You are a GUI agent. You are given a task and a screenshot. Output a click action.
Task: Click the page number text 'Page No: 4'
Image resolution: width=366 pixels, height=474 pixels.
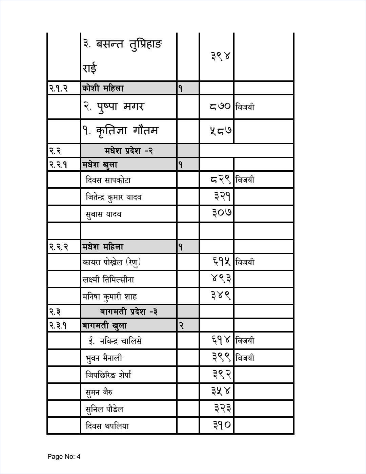pos(64,456)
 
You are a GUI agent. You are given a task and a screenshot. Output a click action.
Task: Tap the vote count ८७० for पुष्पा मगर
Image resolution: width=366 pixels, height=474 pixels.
pos(220,107)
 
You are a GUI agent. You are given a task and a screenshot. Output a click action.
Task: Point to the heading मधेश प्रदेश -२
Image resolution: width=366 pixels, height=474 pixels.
pos(128,151)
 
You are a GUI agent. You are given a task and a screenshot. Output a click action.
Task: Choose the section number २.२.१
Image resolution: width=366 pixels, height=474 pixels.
pos(58,165)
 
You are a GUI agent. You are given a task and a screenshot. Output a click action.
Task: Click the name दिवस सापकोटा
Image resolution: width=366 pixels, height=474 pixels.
pos(108,180)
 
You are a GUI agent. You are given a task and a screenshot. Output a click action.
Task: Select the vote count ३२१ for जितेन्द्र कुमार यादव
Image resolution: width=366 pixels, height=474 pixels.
pos(222,196)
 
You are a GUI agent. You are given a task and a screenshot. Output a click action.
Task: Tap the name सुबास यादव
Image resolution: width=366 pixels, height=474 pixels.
pos(103,214)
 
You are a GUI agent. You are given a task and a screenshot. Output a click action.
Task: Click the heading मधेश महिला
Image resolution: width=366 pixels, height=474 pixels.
pos(103,247)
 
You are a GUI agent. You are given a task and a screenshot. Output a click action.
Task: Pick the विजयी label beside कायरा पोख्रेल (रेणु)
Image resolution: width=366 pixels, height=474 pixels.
pos(245,262)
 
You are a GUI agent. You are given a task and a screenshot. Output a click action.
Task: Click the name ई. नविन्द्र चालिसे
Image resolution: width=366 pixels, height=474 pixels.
pos(115,341)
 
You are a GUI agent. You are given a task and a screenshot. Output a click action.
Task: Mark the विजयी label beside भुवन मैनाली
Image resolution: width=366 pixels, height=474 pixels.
pos(245,358)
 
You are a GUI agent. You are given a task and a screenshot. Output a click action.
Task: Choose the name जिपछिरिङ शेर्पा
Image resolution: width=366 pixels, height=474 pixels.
pos(108,375)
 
